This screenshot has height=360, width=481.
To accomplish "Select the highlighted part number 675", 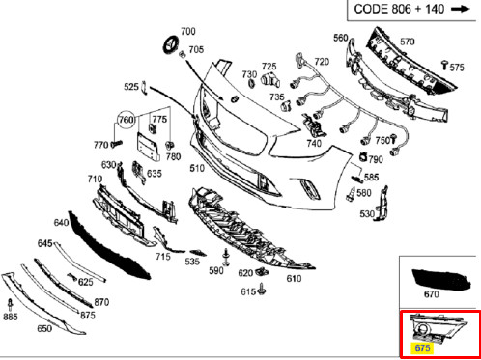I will click(421, 346).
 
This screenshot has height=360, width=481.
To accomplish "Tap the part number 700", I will click(187, 32).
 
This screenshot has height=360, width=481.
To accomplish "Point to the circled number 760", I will click(126, 120).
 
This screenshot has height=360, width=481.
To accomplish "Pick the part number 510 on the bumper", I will click(196, 168).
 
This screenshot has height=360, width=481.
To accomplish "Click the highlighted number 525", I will click(131, 87).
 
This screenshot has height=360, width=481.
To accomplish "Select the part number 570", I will click(407, 42).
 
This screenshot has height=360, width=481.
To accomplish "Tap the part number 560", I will click(341, 38).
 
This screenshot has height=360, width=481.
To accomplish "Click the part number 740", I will click(314, 144).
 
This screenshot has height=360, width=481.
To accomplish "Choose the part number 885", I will click(11, 316).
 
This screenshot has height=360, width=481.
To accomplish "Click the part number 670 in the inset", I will click(431, 294).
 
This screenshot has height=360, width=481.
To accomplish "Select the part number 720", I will click(321, 62).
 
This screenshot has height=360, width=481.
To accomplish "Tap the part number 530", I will click(367, 213).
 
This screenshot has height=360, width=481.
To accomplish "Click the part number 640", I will click(62, 223).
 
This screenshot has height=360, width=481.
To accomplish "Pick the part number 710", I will click(95, 180).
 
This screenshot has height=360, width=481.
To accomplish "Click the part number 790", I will click(375, 158).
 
